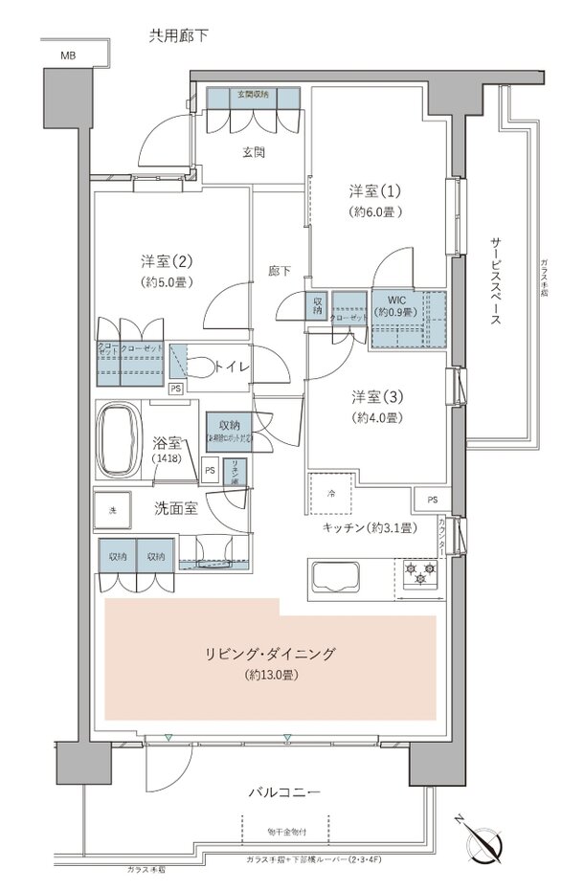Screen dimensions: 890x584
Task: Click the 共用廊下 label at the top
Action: (x=178, y=35)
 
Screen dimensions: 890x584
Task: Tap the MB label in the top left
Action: (x=68, y=56)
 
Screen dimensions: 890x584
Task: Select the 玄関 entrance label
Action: (x=253, y=151)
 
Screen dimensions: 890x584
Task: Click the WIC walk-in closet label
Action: (x=395, y=304)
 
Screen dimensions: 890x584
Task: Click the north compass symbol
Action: (x=484, y=842)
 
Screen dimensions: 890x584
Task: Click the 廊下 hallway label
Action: (x=279, y=271)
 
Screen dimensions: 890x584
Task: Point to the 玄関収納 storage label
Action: (x=255, y=95)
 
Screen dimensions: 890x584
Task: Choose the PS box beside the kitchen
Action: (x=433, y=501)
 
